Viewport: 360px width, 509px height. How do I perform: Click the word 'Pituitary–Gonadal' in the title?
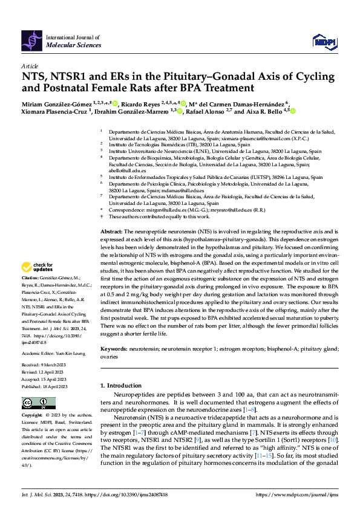click(197, 76)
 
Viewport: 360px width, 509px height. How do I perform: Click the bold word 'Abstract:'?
click(112, 232)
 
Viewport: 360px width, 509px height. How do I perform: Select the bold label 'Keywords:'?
click(114, 349)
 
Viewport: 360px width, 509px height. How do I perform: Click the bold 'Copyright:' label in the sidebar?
click(32, 416)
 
